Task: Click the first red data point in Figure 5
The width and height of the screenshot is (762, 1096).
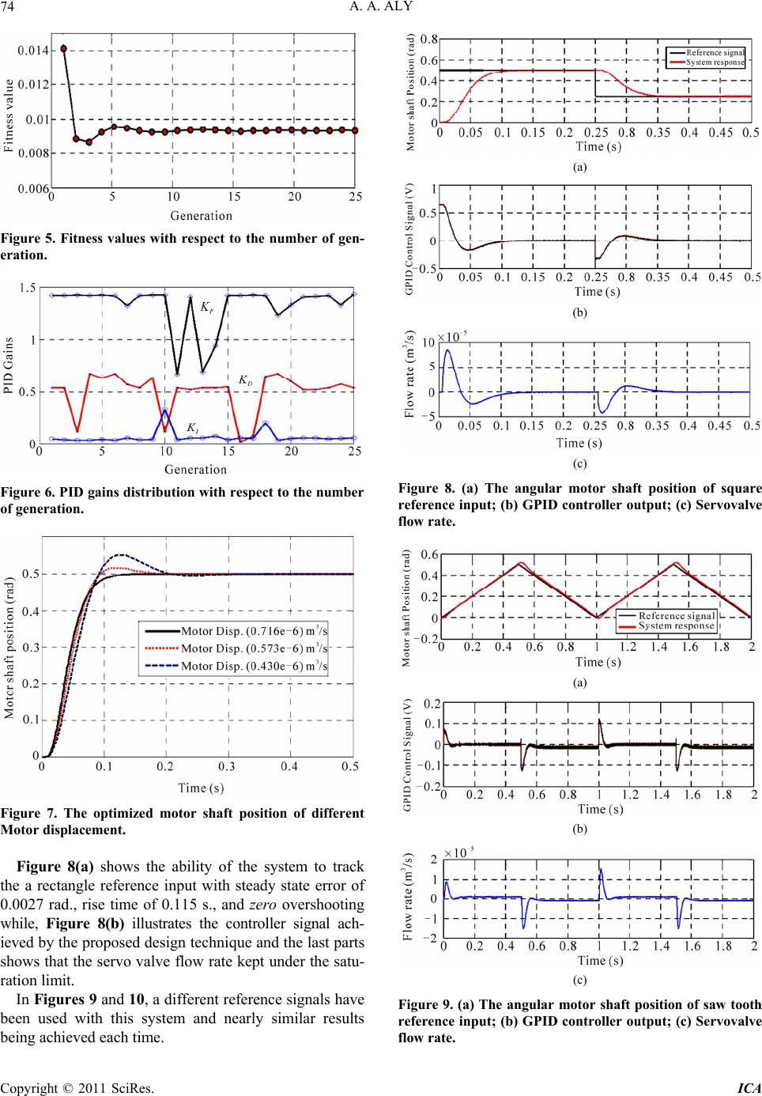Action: click(x=64, y=48)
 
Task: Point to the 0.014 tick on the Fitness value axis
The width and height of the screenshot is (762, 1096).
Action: click(x=34, y=50)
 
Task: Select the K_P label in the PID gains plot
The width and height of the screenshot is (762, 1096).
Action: click(x=206, y=306)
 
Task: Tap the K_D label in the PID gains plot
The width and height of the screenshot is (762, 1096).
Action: click(x=245, y=380)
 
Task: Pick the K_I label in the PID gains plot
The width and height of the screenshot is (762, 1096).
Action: click(x=192, y=428)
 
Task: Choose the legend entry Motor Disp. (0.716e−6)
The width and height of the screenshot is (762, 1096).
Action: click(x=254, y=631)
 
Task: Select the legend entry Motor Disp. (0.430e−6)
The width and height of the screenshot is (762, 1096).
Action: click(x=254, y=666)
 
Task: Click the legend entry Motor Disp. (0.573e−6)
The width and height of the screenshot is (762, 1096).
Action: click(x=254, y=648)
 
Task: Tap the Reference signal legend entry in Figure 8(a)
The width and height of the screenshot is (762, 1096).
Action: click(x=715, y=52)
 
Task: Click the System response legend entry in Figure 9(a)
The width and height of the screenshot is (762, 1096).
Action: click(x=676, y=625)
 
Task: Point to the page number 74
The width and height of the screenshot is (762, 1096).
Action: click(x=10, y=9)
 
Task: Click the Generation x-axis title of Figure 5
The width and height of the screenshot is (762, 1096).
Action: click(x=202, y=215)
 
